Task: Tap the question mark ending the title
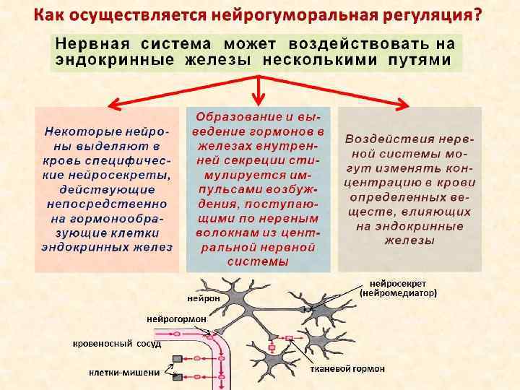(478, 15)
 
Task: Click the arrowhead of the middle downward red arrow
(259, 101)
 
